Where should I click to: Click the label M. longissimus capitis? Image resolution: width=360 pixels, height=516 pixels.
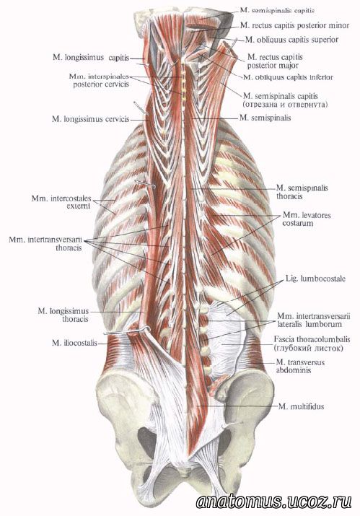click(x=91, y=58)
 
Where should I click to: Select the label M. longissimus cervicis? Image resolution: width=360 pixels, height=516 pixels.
click(x=90, y=119)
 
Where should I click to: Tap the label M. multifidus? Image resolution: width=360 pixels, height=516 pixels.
click(x=301, y=406)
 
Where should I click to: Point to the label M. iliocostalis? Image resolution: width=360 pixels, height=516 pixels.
click(x=75, y=343)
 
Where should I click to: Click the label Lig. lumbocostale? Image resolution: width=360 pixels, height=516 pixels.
click(x=315, y=279)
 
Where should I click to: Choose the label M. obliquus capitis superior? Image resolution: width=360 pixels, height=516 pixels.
click(x=291, y=40)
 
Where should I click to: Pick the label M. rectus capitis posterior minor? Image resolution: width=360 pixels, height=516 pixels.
click(x=294, y=25)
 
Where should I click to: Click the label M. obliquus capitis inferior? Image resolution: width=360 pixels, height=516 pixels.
click(x=288, y=77)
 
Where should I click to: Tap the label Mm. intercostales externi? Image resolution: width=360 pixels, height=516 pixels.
click(x=61, y=202)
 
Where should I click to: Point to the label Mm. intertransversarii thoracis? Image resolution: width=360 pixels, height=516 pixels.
click(x=45, y=243)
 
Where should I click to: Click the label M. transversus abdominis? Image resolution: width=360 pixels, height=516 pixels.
click(x=300, y=367)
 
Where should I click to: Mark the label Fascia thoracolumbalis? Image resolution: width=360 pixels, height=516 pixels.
click(x=312, y=339)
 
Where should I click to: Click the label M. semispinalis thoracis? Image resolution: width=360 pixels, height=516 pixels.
click(x=302, y=192)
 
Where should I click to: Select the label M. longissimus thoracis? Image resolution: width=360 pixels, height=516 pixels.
click(x=63, y=315)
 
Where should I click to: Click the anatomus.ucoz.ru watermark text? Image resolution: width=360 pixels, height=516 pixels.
click(x=273, y=502)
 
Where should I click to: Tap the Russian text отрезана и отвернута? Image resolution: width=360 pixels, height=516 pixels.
click(x=286, y=105)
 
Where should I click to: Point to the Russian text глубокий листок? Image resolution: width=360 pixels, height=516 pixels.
click(x=308, y=348)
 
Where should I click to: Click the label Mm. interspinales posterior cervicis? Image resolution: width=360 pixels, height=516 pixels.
click(x=99, y=80)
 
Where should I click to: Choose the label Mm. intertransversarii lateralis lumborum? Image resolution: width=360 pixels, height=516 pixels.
click(x=314, y=320)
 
